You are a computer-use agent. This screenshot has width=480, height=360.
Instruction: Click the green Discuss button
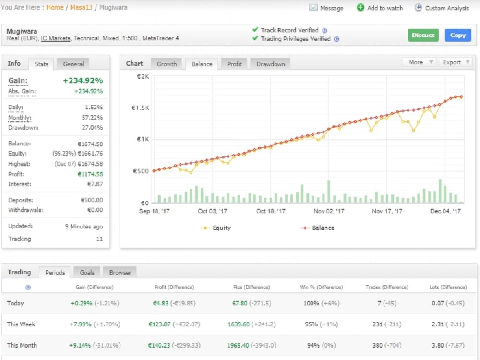423,35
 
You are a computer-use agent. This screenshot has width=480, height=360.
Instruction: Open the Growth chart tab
167,64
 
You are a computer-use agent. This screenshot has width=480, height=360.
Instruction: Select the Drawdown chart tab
270,64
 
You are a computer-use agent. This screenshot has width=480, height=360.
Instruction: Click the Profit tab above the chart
234,64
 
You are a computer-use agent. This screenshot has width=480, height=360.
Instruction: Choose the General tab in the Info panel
73,64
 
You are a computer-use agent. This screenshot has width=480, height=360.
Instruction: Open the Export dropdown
455,62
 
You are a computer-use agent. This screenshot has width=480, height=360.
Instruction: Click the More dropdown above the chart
419,62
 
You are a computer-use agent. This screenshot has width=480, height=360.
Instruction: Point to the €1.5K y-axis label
140,108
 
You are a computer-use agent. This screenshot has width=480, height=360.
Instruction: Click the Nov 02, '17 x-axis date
329,211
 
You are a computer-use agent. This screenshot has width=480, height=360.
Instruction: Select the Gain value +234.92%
83,81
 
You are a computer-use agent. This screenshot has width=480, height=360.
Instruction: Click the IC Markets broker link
56,38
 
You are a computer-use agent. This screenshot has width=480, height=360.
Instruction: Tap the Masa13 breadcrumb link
81,8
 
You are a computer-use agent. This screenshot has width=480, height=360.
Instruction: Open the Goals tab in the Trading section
87,272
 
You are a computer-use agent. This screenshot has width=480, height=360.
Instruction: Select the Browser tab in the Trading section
120,272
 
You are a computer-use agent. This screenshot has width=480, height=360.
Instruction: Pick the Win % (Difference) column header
321,287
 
